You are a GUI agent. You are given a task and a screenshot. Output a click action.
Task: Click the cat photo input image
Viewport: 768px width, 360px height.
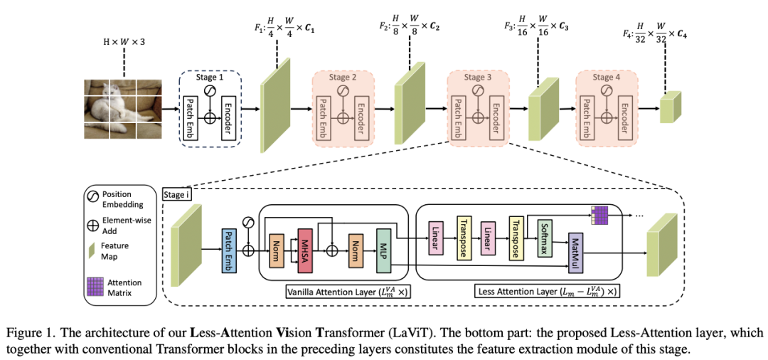tap(121, 109)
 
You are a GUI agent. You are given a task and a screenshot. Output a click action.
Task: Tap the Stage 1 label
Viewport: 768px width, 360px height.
tap(210, 77)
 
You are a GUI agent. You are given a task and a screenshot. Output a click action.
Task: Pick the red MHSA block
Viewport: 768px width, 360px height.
tap(306, 247)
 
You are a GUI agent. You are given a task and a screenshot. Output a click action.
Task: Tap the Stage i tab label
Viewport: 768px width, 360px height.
tap(176, 194)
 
